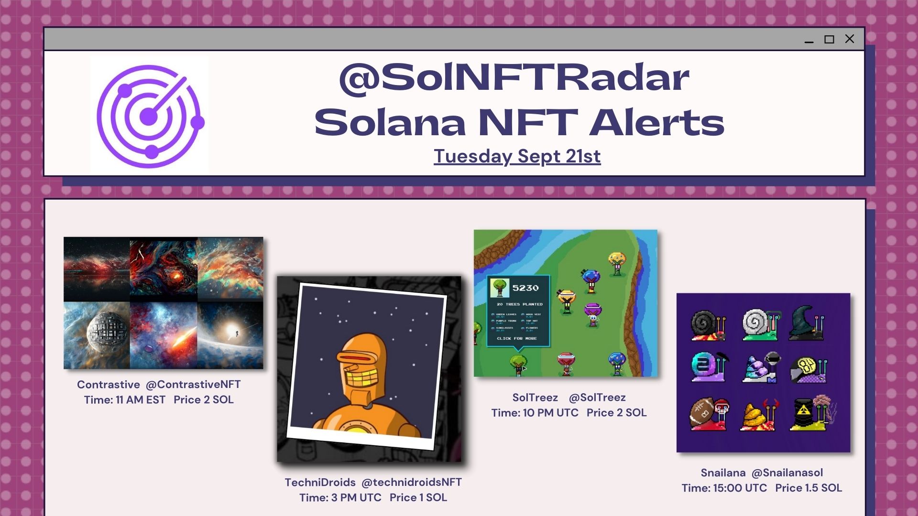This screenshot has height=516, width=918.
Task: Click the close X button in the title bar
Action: coord(850,39)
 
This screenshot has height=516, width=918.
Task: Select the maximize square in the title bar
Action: coord(829,39)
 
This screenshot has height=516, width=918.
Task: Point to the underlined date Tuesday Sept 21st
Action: coord(517,156)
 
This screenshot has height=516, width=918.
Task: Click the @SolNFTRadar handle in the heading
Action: coord(514,78)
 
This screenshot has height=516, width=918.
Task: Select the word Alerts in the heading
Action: coord(656,123)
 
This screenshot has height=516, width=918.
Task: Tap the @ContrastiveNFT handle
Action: coord(193,385)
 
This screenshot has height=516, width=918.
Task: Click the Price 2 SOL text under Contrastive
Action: coord(204,400)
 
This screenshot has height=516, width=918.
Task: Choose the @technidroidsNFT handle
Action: coord(412,483)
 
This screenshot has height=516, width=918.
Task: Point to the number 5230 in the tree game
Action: coord(525,288)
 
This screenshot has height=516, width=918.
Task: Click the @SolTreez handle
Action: coord(597,398)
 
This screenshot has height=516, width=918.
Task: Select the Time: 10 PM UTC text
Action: coord(535,413)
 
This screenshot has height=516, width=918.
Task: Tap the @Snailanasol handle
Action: coord(787,473)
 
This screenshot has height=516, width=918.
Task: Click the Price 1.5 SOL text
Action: coord(809,488)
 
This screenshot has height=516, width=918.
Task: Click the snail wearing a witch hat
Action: coord(807,323)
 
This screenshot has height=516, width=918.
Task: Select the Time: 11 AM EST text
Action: coord(125,400)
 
